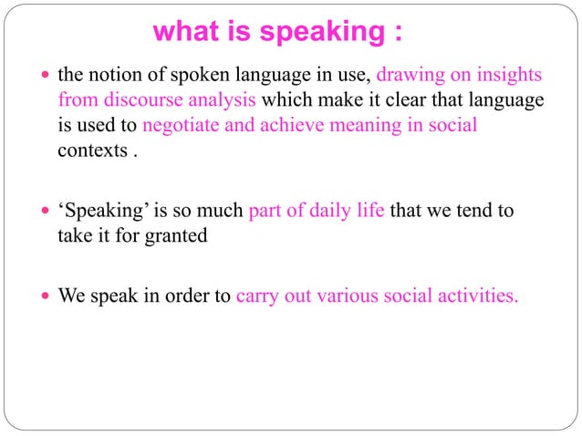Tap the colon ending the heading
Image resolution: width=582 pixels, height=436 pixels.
(x=399, y=34)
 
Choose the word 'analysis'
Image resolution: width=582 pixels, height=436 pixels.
(x=222, y=99)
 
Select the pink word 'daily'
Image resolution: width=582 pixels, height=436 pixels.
(x=347, y=212)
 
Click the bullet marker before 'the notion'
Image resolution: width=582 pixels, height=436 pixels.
(x=47, y=75)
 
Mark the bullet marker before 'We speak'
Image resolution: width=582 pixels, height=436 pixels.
(x=47, y=297)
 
